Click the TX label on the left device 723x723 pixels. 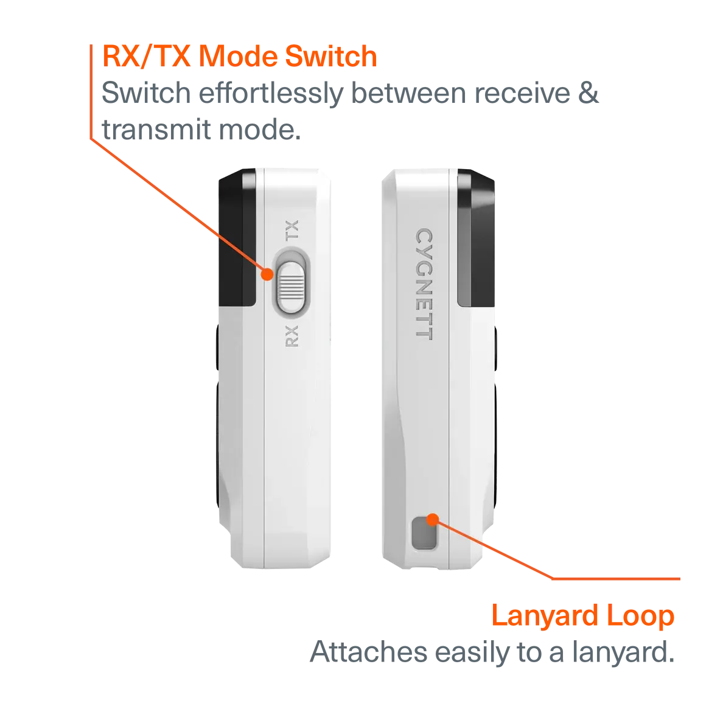coord(292,230)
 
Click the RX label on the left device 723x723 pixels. coord(292,336)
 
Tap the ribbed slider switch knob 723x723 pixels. coord(291,287)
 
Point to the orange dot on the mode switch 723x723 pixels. coord(267,274)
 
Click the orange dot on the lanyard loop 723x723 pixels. coord(433,520)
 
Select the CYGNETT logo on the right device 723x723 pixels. coord(424,284)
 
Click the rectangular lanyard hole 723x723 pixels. coord(424,533)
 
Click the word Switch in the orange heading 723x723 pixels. coord(331,56)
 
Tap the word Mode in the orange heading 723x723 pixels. coord(238,56)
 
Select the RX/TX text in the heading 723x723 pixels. coord(147,56)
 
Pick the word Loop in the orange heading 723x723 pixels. coord(640,616)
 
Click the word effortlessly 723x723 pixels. coord(271,94)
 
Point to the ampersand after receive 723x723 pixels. coord(589,93)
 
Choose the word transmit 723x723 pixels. coord(156,130)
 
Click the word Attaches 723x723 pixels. coord(369,652)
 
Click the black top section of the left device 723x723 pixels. coord(237,237)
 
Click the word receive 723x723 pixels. coord(522,94)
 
